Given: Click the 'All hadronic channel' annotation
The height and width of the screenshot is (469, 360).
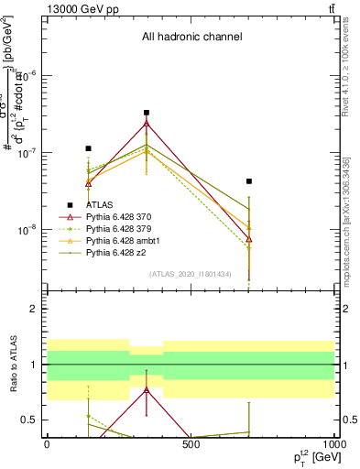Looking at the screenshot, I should (191, 38).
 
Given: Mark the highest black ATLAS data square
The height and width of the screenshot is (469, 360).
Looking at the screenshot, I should (147, 113).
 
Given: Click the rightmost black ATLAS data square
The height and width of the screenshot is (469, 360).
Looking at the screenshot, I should (248, 181).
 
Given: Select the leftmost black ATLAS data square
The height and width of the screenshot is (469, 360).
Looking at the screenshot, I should (88, 148).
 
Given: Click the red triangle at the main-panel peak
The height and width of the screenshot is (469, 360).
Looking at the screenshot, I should (147, 123).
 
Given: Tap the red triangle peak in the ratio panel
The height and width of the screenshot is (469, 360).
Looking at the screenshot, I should (147, 389).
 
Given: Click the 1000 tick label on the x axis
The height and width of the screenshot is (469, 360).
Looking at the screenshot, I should (334, 446).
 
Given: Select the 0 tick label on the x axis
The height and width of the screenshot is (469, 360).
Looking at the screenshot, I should (47, 446).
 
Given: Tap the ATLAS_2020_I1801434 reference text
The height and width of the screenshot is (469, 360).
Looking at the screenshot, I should (191, 273).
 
